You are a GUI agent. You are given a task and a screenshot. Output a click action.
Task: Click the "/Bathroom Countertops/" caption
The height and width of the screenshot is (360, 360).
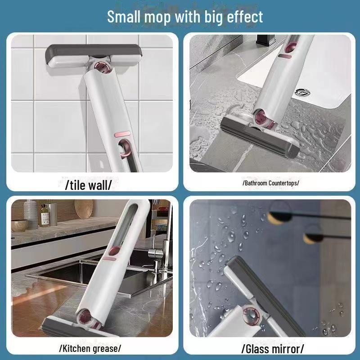[x=270, y=183]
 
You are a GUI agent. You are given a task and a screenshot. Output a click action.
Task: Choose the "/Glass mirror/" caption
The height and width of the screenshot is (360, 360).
[x=273, y=348]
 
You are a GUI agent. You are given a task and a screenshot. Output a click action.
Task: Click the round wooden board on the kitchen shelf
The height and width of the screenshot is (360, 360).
[x=83, y=209]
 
